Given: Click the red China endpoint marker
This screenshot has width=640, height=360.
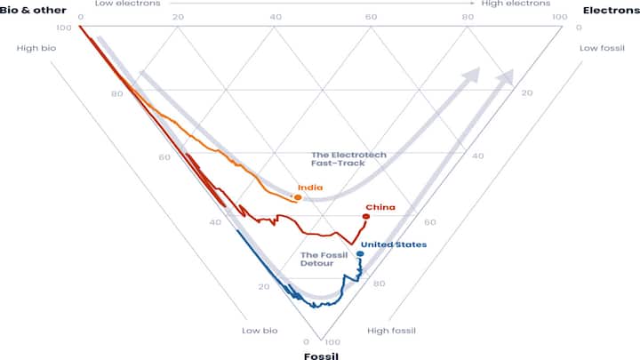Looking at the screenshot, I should click(365, 216).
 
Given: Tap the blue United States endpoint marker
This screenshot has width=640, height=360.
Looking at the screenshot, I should click(360, 254).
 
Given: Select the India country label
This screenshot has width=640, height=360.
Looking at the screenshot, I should click(310, 187).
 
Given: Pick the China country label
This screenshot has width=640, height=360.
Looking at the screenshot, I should click(380, 207).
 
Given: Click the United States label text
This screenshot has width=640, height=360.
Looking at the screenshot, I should click(393, 244).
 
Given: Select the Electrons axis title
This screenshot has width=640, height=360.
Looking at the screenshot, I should click(610, 11).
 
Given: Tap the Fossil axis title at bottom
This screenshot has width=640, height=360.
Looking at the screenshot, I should click(320, 355).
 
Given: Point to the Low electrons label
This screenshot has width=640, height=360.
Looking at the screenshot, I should click(127, 4).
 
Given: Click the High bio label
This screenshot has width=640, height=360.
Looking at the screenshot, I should click(36, 46).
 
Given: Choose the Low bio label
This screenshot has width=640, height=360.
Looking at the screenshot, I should click(260, 331).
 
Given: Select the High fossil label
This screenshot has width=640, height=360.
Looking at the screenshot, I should click(391, 331).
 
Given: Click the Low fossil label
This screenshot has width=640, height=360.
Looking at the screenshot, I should click(603, 46).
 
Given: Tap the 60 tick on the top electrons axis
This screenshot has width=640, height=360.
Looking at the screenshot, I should click(371, 17).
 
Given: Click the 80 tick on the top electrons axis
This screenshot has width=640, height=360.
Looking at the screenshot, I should click(467, 17).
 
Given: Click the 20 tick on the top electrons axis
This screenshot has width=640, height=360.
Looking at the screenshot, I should click(178, 17).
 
